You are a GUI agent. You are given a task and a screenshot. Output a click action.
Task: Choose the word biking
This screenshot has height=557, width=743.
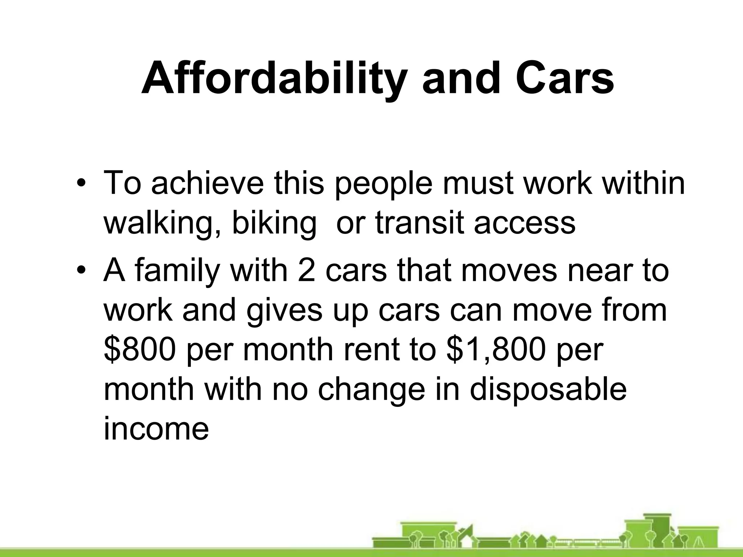pos(274,222)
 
